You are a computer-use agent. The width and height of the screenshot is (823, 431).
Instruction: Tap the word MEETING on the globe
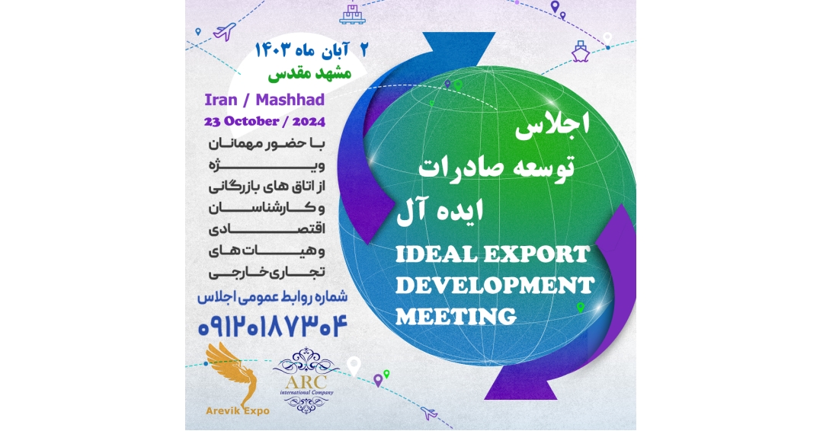pyautogui.click(x=456, y=315)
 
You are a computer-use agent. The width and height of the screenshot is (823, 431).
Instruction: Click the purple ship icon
pyautogui.click(x=580, y=49)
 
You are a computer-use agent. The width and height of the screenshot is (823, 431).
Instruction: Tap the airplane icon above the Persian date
pyautogui.click(x=225, y=32)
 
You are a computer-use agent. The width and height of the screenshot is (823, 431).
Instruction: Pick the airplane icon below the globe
pyautogui.click(x=429, y=413)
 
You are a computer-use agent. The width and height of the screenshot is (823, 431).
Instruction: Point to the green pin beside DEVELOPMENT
pyautogui.click(x=581, y=307)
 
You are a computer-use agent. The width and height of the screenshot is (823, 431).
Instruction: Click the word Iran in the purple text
pyautogui.click(x=221, y=100)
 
